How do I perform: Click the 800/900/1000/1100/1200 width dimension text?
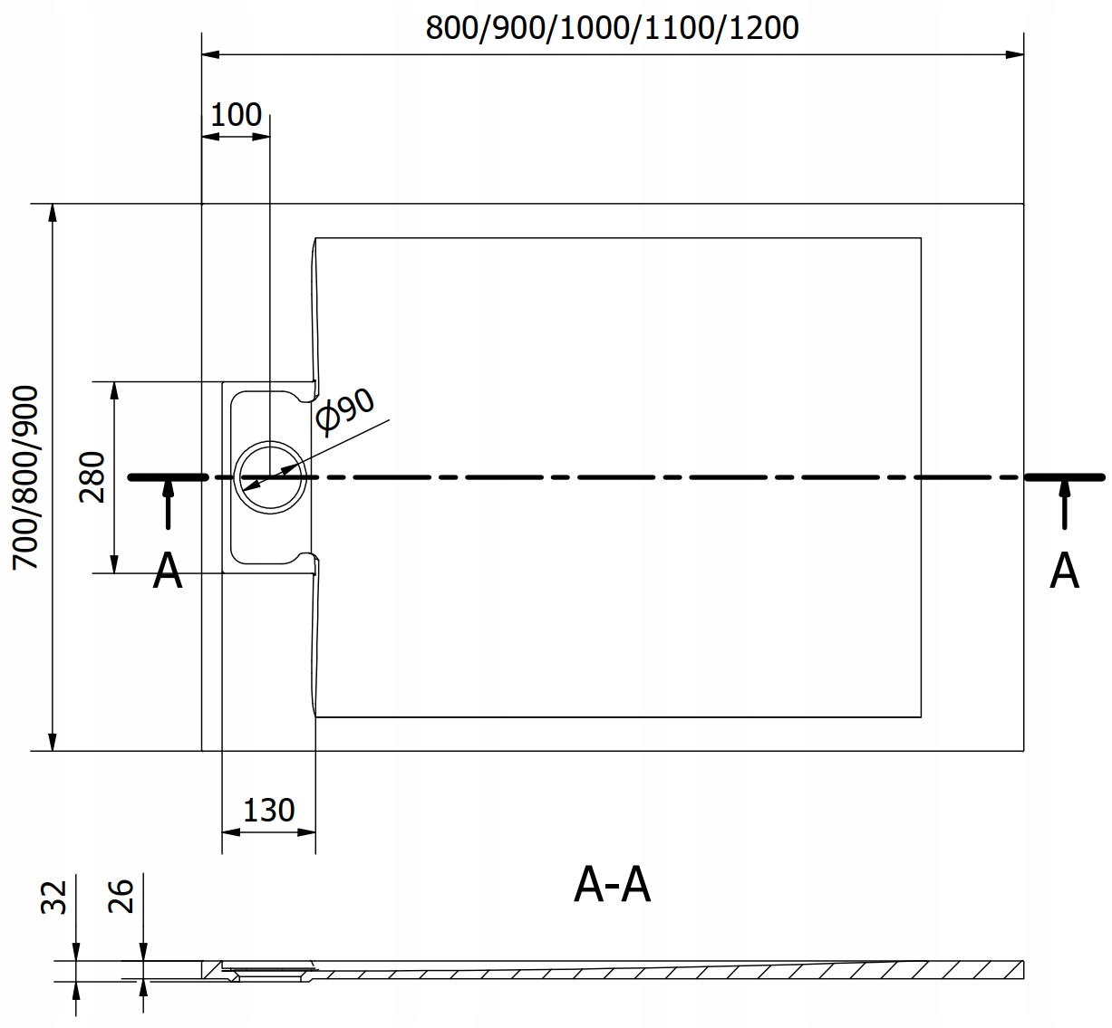tap(612, 28)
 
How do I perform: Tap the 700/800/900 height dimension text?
tap(25, 477)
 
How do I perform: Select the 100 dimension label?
tap(236, 115)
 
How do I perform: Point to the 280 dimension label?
tap(92, 477)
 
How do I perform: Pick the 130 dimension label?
tap(269, 811)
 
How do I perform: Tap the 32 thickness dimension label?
tap(54, 898)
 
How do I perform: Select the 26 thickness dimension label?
tap(121, 897)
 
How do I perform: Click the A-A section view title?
tap(612, 885)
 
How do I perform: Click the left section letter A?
tap(168, 571)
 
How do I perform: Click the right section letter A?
tap(1064, 571)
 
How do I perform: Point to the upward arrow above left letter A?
tap(168, 504)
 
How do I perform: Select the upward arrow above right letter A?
tap(1064, 504)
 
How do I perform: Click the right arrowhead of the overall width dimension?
tap(1014, 55)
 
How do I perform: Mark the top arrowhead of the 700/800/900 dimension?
tap(53, 213)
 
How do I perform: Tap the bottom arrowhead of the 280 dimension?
tap(114, 564)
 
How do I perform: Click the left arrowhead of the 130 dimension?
tap(231, 832)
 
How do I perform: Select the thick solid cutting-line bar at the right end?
tap(1065, 477)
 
